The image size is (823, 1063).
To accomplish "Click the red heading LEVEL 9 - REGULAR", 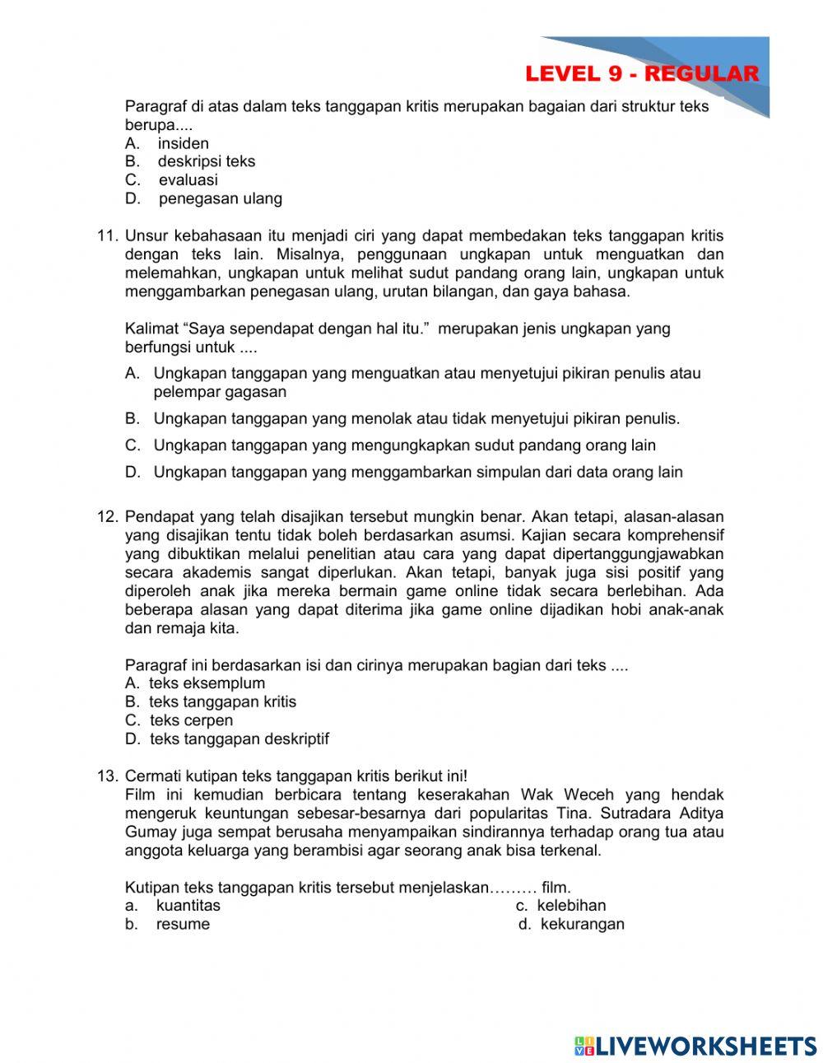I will pos(641,73).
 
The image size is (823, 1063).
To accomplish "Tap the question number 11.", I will pos(108,236).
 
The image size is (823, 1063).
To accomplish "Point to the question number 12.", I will pos(108,517).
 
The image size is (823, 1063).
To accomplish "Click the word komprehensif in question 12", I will pos(672,536).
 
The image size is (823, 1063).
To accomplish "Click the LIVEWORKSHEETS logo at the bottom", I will pos(695,1046).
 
